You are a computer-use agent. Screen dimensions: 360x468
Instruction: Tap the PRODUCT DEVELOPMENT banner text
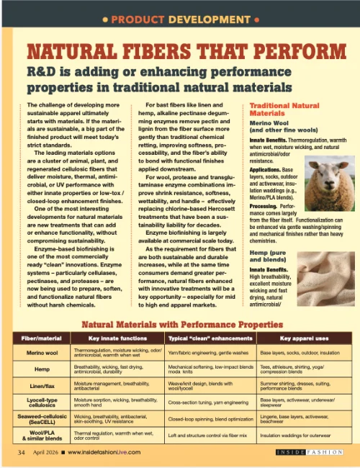coord(180,16)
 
